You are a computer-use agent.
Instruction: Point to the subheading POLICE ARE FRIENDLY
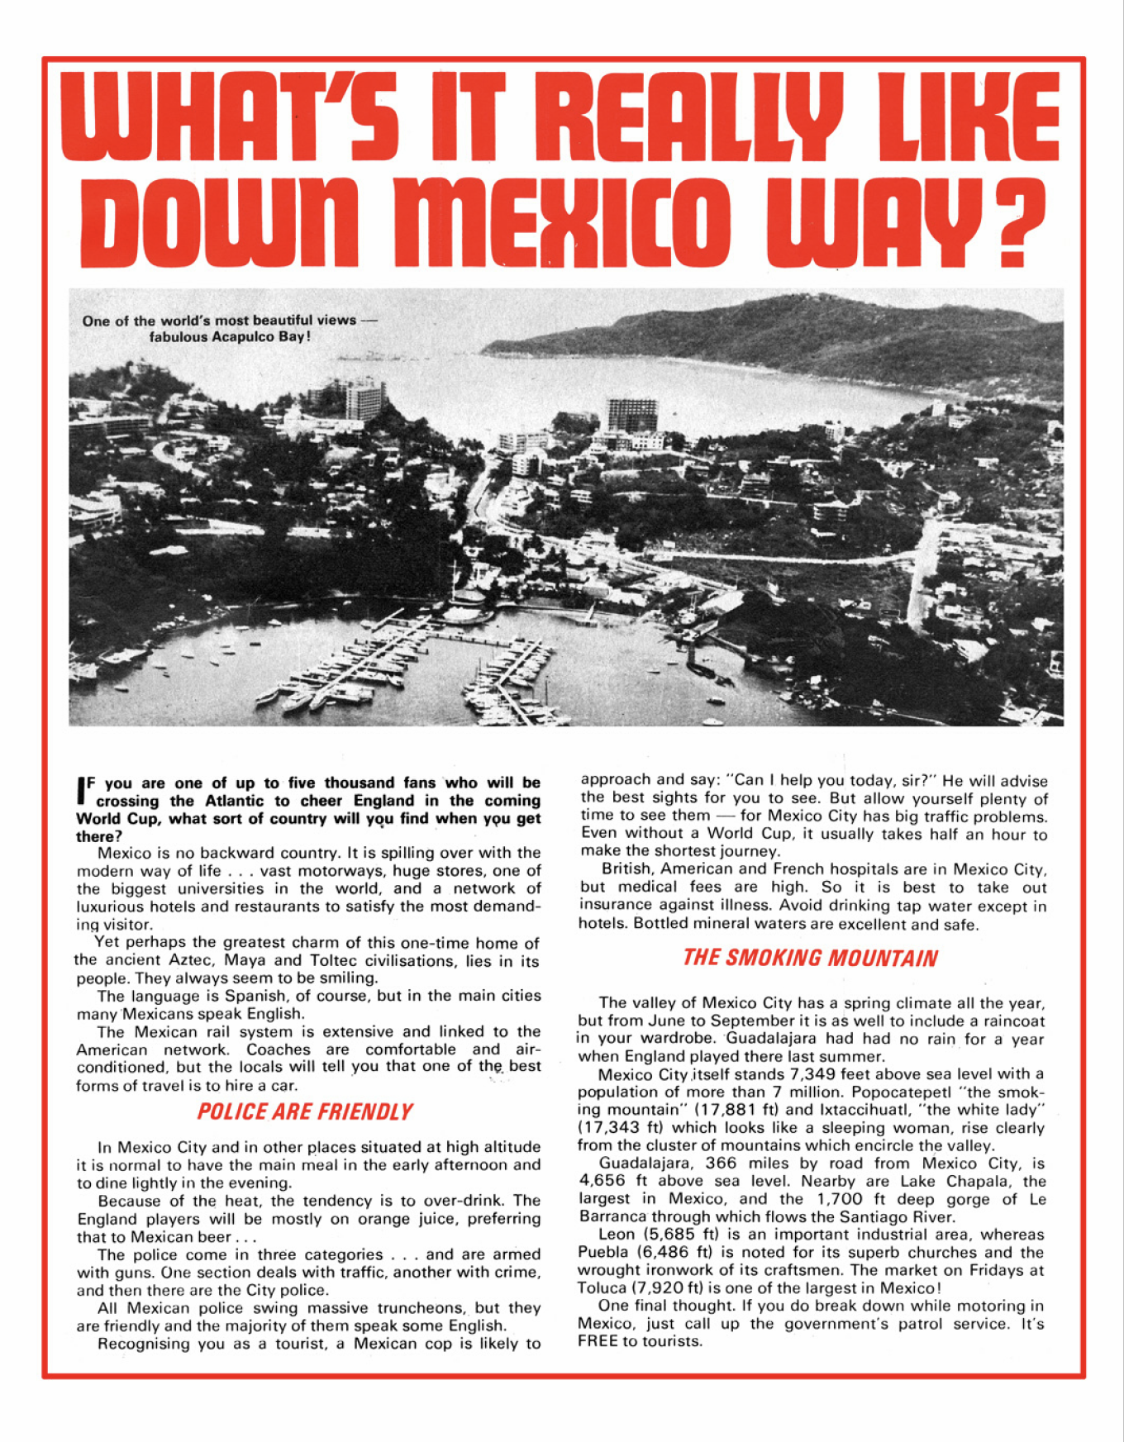click(x=304, y=1112)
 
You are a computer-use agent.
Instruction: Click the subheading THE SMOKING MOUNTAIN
click(x=810, y=959)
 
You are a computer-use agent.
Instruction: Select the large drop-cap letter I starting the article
click(x=81, y=790)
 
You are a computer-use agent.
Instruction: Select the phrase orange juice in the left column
click(x=418, y=1219)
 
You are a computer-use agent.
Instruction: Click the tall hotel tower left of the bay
click(x=364, y=401)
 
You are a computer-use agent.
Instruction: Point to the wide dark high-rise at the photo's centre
click(x=632, y=415)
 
